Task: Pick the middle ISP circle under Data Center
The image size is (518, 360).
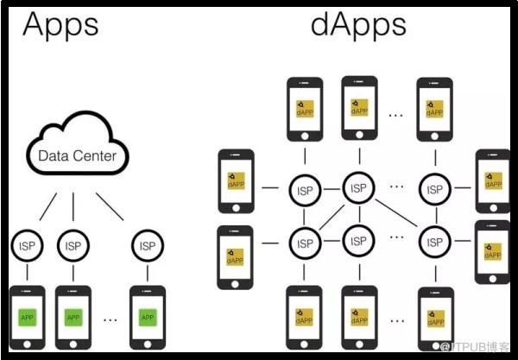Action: click(x=73, y=246)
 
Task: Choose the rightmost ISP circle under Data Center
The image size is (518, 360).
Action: click(x=147, y=246)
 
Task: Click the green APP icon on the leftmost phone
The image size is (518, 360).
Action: click(x=27, y=318)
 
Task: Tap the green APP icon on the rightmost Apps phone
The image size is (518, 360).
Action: click(x=147, y=318)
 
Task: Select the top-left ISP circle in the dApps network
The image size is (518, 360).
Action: click(x=304, y=190)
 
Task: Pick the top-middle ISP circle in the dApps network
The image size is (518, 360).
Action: click(x=358, y=186)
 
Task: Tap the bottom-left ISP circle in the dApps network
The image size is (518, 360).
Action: click(x=304, y=243)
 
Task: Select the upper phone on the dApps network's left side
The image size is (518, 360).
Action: click(x=236, y=181)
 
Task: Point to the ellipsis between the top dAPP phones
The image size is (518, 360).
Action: click(x=396, y=113)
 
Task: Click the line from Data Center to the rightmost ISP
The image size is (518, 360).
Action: click(x=111, y=207)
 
